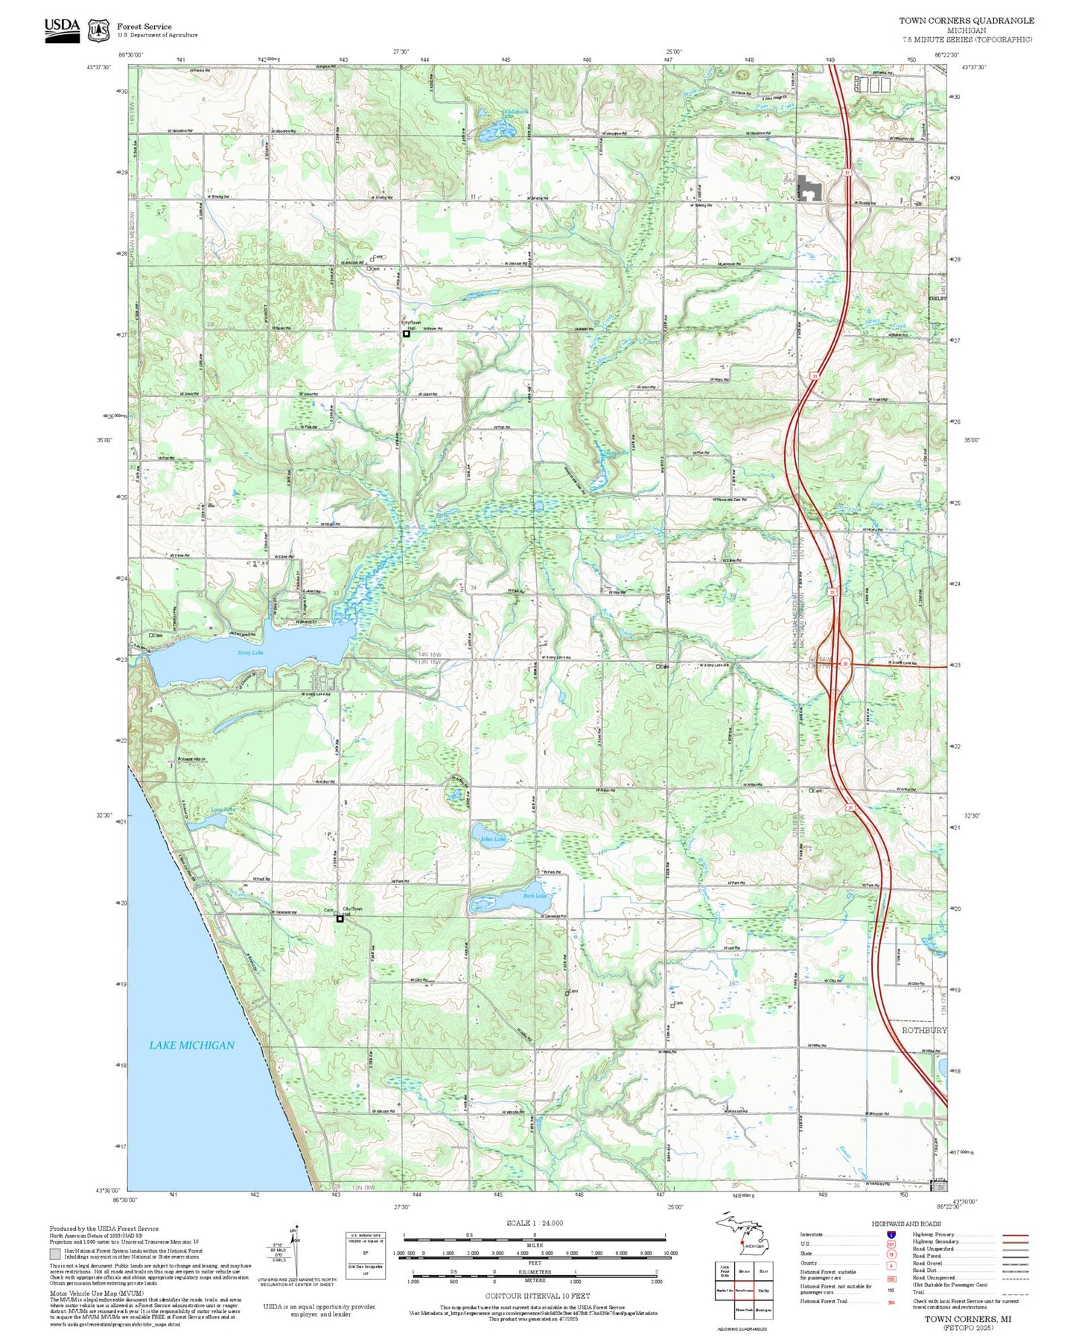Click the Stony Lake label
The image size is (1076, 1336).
point(250,653)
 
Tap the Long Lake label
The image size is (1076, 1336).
point(223,809)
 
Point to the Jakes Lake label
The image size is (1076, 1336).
point(493,839)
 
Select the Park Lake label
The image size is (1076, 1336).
point(535,896)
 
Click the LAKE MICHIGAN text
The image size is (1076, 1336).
point(191,1046)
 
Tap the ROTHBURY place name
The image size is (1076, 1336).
point(923,1030)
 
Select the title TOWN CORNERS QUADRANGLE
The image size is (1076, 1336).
point(966,20)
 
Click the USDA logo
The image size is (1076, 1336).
point(62,30)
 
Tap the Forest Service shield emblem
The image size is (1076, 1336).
point(98,31)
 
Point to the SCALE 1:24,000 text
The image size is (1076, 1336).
point(534,1223)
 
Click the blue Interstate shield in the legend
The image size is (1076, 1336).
point(891,1235)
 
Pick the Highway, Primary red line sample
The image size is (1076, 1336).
point(1015,1235)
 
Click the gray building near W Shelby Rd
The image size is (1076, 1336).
point(809,188)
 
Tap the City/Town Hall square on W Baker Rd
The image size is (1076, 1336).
point(407,334)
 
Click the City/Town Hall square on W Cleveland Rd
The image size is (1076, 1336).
point(340,918)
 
